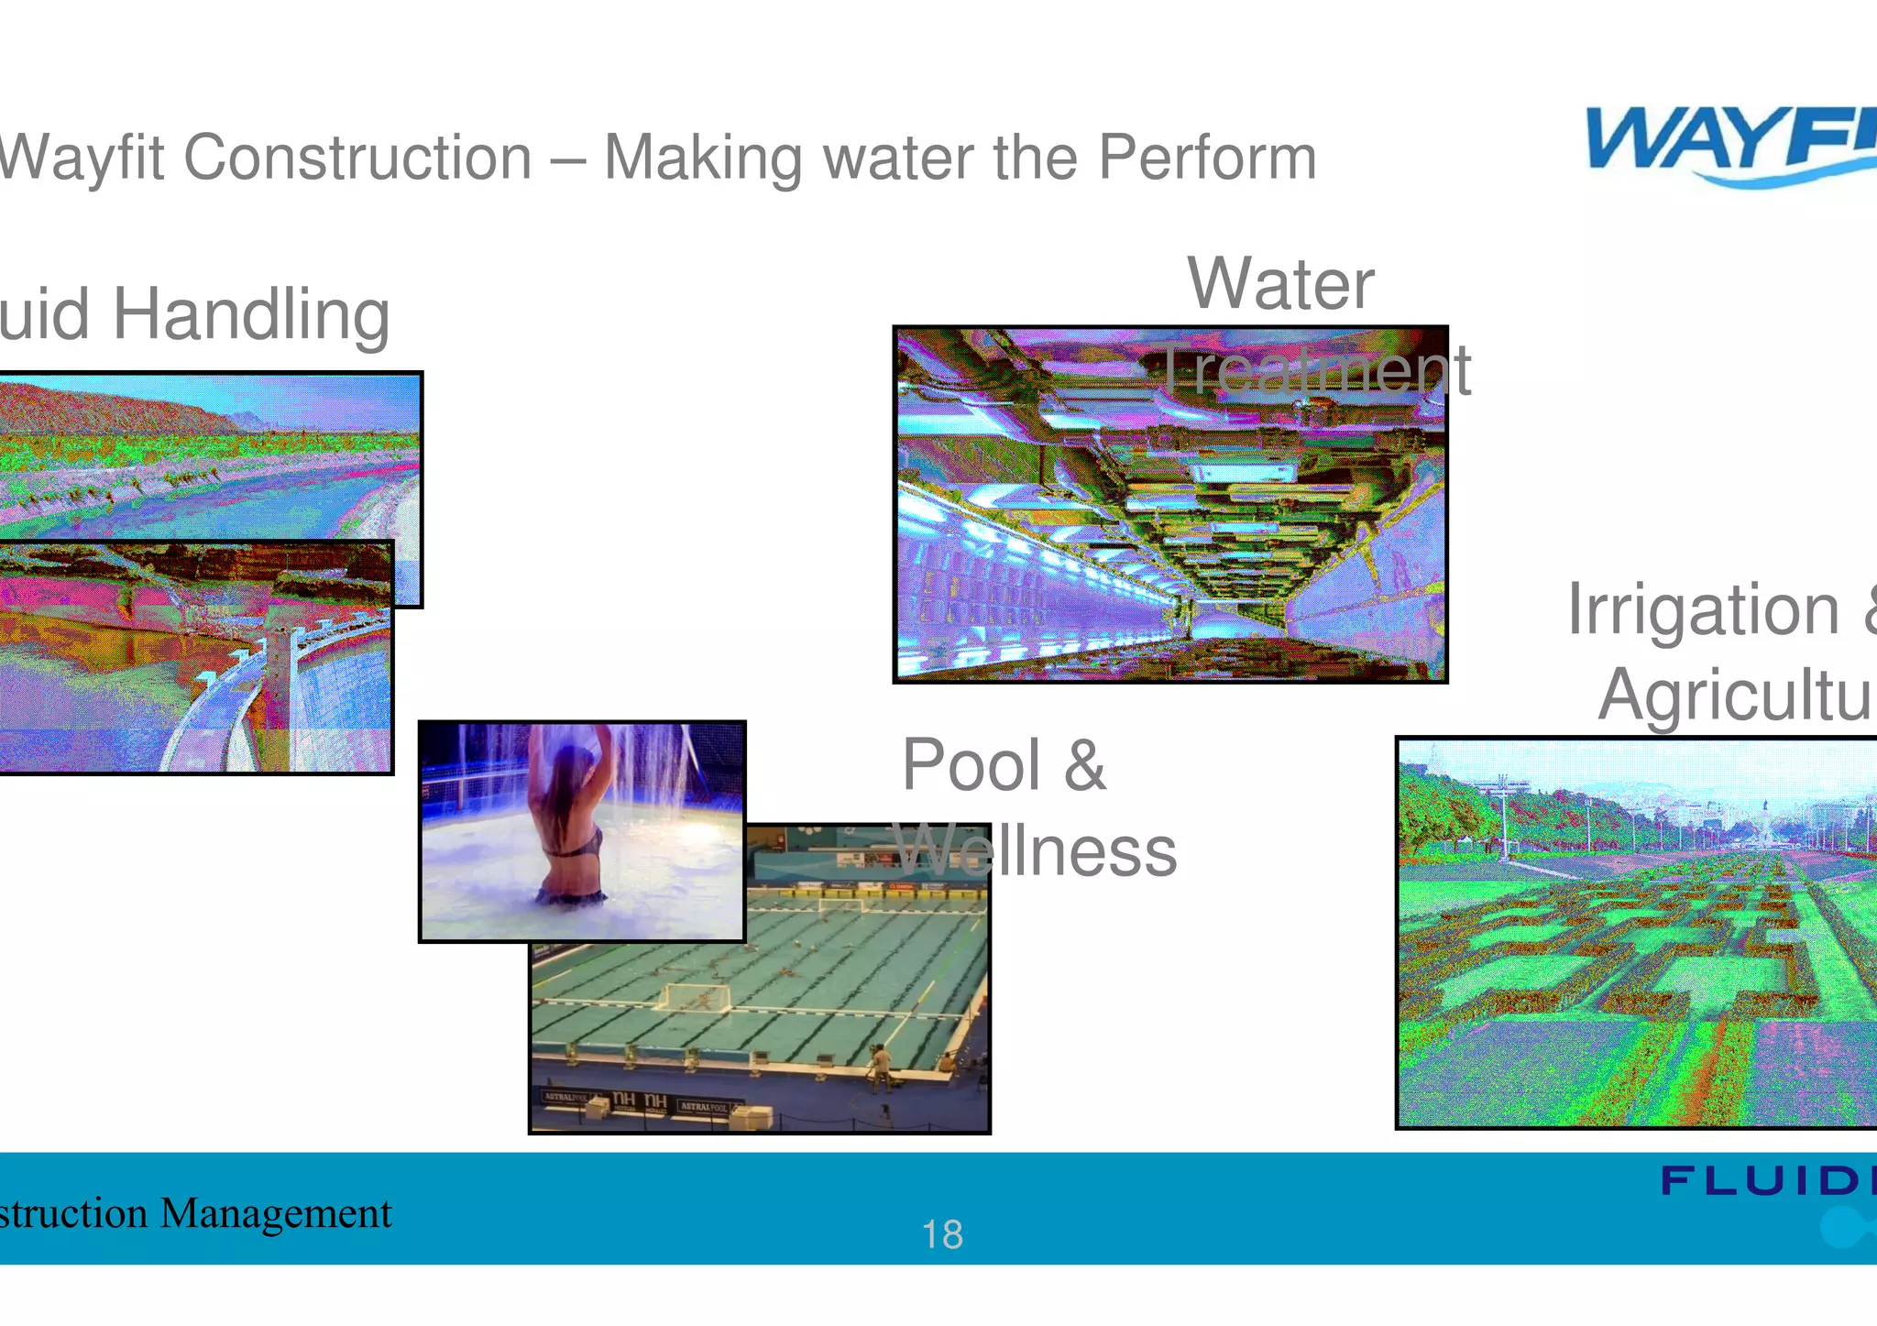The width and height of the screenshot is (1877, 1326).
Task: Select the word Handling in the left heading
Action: [251, 314]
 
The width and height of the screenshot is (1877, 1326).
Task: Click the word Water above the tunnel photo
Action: [1280, 284]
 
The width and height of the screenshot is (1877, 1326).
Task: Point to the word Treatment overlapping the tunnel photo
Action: [1314, 371]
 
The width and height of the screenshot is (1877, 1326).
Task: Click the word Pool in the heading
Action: [971, 765]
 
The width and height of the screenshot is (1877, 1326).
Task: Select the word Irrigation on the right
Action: [1703, 609]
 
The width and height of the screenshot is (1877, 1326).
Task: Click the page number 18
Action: [941, 1234]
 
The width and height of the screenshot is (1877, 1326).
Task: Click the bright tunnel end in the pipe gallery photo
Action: [1228, 623]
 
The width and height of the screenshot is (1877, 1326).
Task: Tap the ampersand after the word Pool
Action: [1084, 765]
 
